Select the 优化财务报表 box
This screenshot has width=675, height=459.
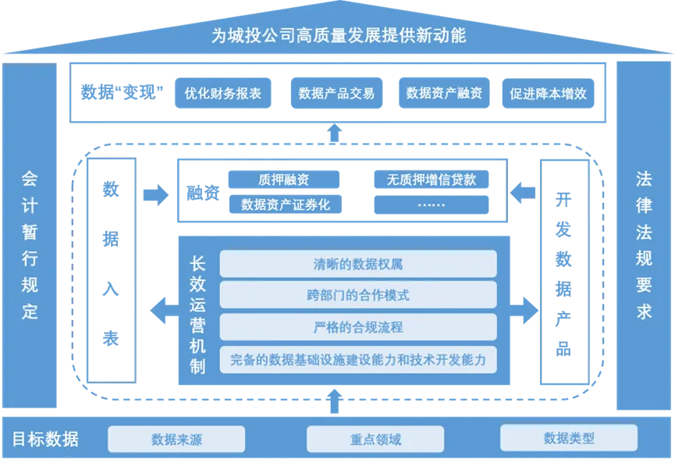[x=222, y=94]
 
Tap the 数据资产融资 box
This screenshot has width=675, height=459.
[x=444, y=94]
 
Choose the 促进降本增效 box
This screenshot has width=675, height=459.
[x=548, y=94]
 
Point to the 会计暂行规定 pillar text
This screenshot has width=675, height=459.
[x=30, y=244]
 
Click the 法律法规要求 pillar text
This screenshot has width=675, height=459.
[x=644, y=244]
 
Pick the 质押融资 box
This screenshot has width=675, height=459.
[x=284, y=180]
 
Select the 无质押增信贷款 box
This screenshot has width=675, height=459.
[x=432, y=180]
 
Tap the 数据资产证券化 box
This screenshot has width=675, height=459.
[x=284, y=205]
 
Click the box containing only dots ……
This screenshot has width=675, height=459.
[x=432, y=205]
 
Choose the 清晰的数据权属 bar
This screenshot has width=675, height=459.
[x=357, y=264]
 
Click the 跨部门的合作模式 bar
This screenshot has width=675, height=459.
[x=357, y=295]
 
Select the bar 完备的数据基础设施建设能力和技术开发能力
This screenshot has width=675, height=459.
[x=357, y=359]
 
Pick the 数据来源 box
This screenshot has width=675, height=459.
[x=176, y=439]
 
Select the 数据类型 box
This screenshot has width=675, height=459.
[x=568, y=438]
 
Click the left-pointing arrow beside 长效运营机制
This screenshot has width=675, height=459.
[x=163, y=311]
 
